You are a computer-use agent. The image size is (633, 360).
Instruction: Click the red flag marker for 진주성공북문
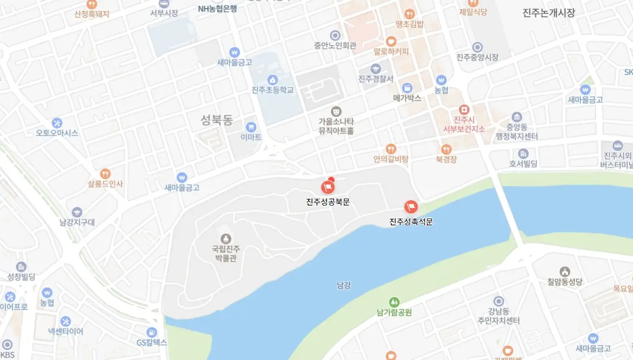328,187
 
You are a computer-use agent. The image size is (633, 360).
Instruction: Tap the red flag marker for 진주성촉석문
411,207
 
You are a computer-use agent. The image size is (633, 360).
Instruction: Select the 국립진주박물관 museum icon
225,238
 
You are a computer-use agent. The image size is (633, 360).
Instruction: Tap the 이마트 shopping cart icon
251,127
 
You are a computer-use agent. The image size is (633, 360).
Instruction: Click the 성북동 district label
217,119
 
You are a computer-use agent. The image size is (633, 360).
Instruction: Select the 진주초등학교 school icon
273,80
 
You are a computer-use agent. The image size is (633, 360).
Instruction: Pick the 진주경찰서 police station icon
376,69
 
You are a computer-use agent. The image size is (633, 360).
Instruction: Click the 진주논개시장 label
548,13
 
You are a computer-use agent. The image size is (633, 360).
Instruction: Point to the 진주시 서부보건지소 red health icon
464,109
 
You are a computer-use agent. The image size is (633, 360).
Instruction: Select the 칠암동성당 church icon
564,271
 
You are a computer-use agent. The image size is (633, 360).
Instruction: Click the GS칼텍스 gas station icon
152,332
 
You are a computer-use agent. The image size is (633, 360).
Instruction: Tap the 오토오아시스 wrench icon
57,123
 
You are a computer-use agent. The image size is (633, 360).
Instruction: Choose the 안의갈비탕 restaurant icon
391,149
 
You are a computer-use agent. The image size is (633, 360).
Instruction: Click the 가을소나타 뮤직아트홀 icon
336,111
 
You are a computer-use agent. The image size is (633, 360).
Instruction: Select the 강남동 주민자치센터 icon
499,301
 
